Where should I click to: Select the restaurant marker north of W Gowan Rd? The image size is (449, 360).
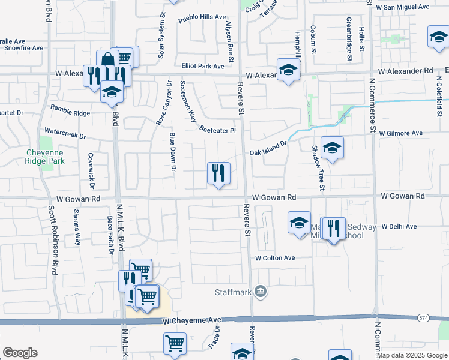pyautogui.click(x=218, y=173)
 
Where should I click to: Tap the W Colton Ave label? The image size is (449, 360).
pyautogui.click(x=275, y=257)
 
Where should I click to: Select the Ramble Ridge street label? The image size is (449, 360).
pyautogui.click(x=70, y=109)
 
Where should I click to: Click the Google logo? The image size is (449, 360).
pyautogui.click(x=20, y=353)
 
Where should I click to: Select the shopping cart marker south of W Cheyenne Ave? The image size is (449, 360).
pyautogui.click(x=175, y=344)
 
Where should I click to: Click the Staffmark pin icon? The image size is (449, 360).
pyautogui.click(x=261, y=292)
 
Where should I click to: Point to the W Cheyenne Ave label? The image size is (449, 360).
pyautogui.click(x=192, y=322)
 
